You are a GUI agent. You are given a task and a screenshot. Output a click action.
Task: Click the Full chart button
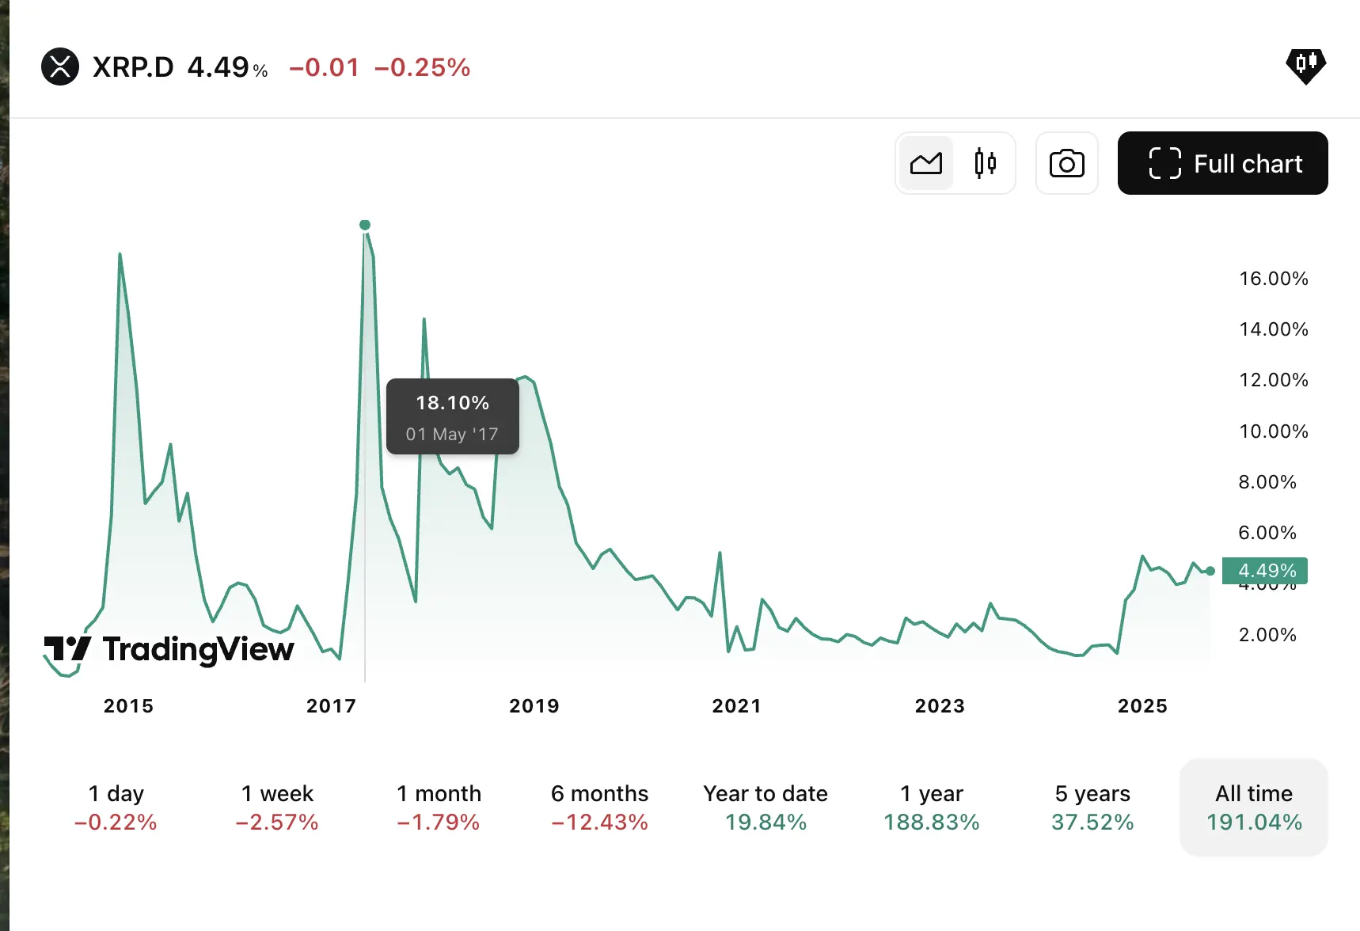click(x=1222, y=163)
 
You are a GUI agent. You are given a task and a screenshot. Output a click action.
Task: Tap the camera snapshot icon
click(x=1066, y=164)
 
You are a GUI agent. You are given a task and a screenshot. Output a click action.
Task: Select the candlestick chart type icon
click(x=985, y=163)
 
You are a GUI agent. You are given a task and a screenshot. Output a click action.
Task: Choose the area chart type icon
click(x=926, y=163)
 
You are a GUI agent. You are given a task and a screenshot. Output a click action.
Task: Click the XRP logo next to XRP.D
click(x=60, y=66)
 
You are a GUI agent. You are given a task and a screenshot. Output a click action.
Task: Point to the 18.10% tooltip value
click(x=452, y=403)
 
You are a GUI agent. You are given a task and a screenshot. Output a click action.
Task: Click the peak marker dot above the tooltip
click(x=365, y=225)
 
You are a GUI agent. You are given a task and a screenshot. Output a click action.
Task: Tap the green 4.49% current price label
click(x=1265, y=571)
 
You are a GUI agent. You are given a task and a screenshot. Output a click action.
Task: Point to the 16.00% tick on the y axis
click(x=1273, y=279)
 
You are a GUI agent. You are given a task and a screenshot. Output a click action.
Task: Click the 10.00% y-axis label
click(x=1273, y=431)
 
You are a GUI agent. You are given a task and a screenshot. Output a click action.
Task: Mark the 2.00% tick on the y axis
click(x=1267, y=635)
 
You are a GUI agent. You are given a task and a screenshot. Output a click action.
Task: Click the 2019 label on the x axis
click(x=534, y=706)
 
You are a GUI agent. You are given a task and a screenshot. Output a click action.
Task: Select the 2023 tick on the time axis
click(x=940, y=706)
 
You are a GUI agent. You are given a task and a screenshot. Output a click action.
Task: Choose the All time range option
click(x=1254, y=807)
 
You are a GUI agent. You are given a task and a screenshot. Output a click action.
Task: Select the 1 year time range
click(x=931, y=807)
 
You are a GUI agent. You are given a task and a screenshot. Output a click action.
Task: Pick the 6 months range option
click(x=599, y=807)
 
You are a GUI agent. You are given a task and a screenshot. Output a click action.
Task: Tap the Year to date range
click(x=765, y=807)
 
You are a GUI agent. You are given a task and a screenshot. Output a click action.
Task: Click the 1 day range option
click(x=116, y=807)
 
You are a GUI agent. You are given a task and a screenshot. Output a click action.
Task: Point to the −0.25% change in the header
click(x=422, y=68)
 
